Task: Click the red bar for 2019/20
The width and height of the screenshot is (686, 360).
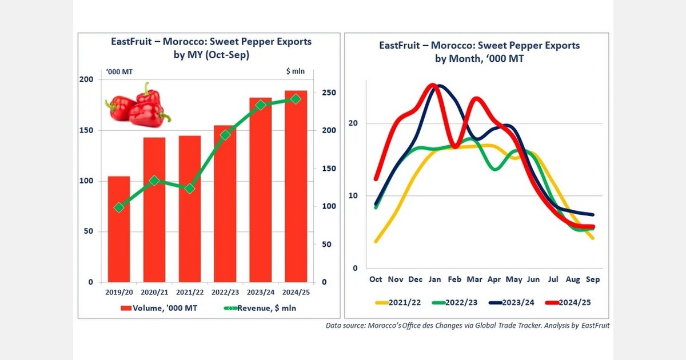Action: click(x=119, y=229)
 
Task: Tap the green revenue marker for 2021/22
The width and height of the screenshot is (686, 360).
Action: click(x=190, y=189)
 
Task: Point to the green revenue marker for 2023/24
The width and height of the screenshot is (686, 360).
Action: click(x=260, y=105)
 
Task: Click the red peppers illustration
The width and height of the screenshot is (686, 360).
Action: click(x=137, y=105)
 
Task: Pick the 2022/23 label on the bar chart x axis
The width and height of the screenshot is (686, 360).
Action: click(x=225, y=292)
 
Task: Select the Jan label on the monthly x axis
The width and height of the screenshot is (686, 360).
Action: click(x=434, y=279)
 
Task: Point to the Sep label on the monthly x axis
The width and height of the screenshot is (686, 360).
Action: click(x=593, y=279)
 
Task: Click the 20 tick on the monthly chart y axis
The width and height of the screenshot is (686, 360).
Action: click(x=353, y=123)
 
